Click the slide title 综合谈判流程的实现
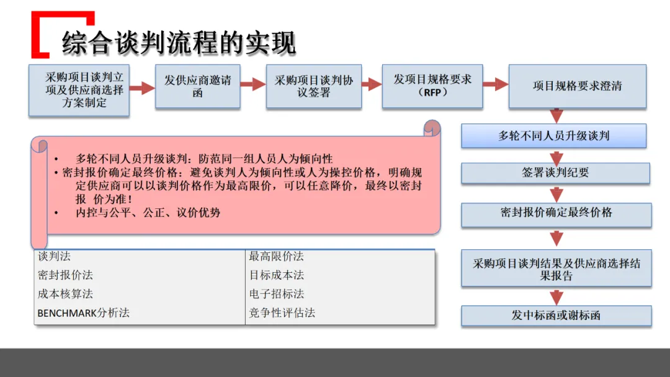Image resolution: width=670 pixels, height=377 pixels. pos(179,43)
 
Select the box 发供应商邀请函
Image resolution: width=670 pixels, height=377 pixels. pos(197,87)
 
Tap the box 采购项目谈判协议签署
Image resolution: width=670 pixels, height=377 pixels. pos(314,87)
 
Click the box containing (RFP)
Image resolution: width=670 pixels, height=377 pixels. pos(432,86)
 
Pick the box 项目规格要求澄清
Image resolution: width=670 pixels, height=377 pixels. pos(577,86)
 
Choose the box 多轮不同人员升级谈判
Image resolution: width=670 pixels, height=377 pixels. pos(554,136)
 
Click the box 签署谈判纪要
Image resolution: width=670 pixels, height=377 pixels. pos(555,173)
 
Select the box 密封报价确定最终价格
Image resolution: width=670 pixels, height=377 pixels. pos(556,213)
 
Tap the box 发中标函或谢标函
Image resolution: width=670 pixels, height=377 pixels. pos(556,315)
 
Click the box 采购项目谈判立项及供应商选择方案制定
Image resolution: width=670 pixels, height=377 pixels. pos(79,90)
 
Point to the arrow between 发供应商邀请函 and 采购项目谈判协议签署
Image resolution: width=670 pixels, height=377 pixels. pos(253,85)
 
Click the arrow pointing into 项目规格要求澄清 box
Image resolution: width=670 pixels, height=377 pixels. pos(496,85)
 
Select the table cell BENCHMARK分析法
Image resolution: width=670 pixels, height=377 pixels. pos(84,313)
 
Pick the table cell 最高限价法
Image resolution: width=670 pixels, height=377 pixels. pos(277,256)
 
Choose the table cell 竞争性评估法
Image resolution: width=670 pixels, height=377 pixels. pos(282,313)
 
